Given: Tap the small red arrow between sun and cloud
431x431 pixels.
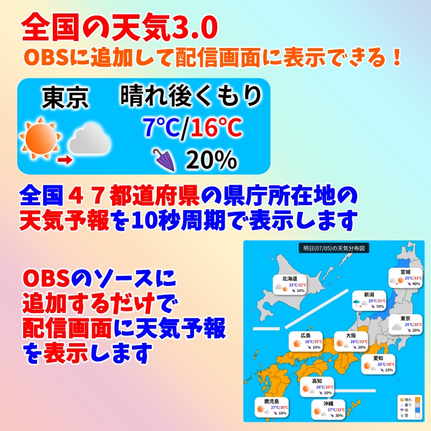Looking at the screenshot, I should [x=65, y=159].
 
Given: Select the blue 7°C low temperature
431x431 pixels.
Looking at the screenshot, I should [x=160, y=128].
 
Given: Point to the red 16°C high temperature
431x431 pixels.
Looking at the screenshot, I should [x=215, y=128].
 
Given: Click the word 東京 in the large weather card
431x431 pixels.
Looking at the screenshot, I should [x=65, y=98].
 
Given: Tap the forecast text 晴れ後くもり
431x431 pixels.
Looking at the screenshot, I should [x=191, y=97].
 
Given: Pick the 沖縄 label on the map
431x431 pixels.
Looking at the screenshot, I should [x=328, y=403].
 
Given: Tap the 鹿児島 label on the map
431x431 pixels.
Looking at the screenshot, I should [x=271, y=402].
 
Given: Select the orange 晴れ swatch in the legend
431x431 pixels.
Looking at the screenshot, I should [x=417, y=399].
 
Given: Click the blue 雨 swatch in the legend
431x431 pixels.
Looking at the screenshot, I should [x=417, y=411].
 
